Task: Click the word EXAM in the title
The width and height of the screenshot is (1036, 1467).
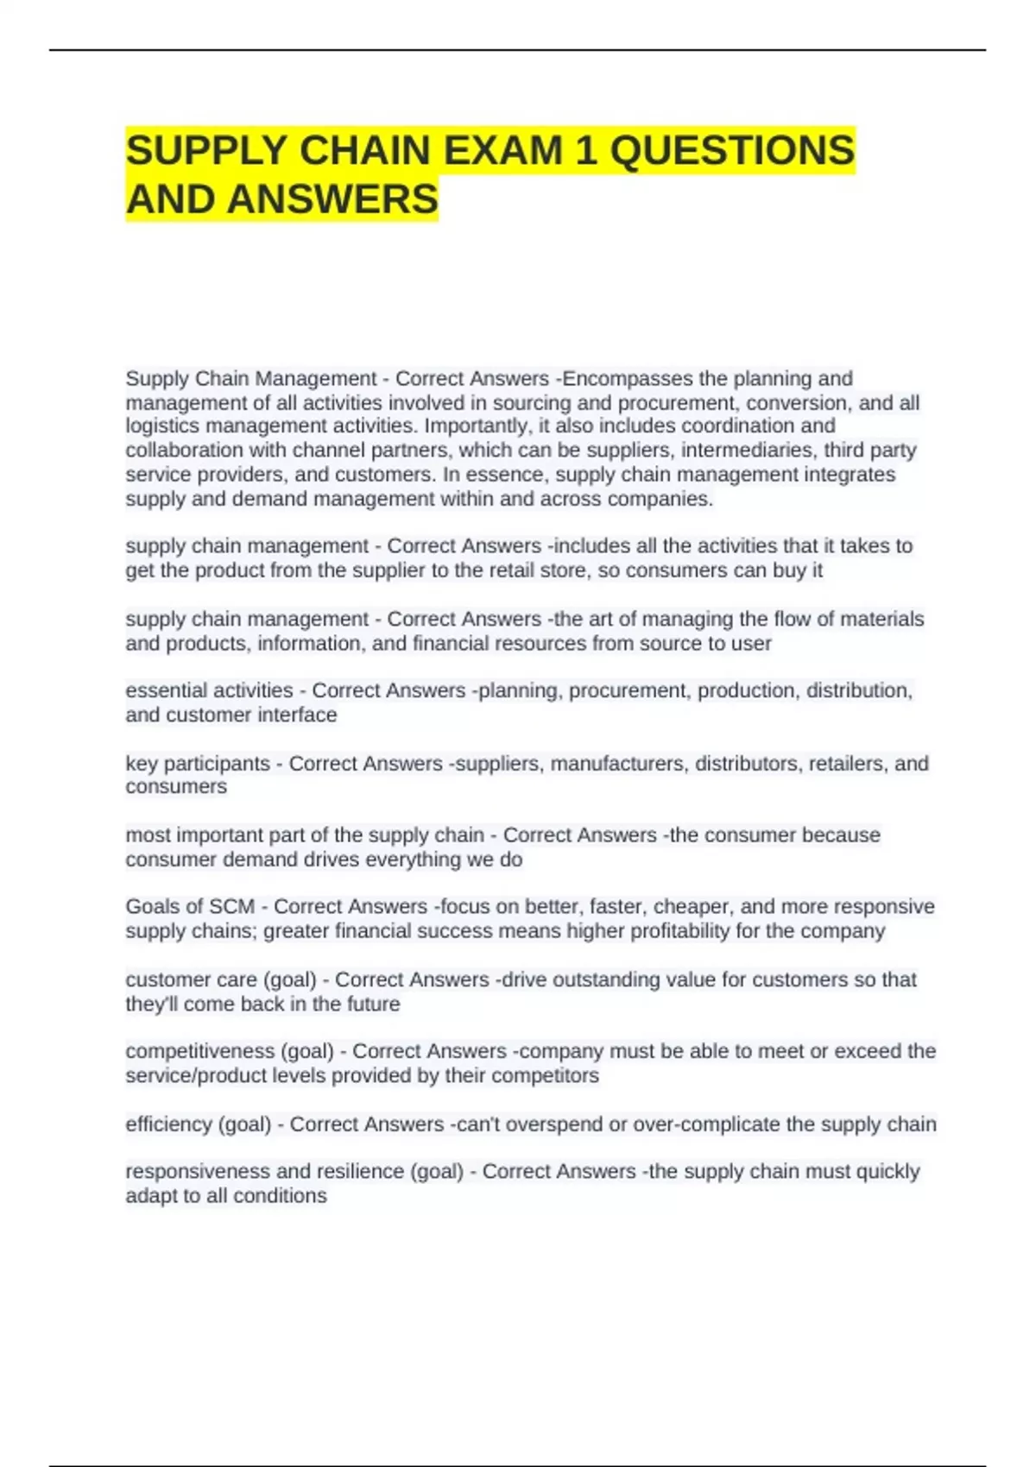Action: tap(504, 151)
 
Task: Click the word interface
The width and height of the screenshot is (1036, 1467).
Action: tap(302, 715)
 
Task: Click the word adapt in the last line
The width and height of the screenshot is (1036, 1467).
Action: tap(151, 1196)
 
